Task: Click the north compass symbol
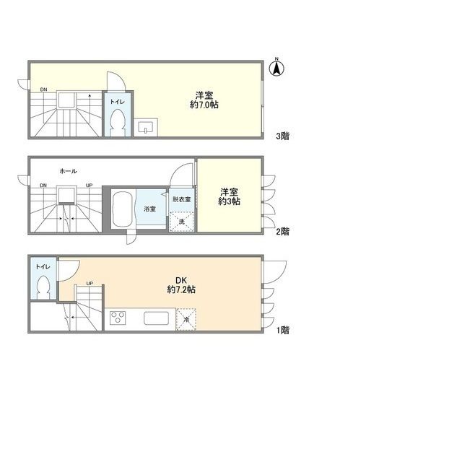click(x=276, y=68)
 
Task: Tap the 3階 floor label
click(x=282, y=136)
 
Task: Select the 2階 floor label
click(x=282, y=232)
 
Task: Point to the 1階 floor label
click(x=282, y=330)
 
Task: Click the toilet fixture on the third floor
click(x=118, y=123)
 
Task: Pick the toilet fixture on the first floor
click(x=43, y=287)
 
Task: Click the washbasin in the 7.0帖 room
click(x=146, y=127)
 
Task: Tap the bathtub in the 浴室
click(x=123, y=209)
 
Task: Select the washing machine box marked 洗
click(x=181, y=222)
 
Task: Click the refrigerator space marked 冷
click(x=186, y=319)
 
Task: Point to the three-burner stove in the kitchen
click(x=118, y=318)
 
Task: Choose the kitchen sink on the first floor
click(x=156, y=318)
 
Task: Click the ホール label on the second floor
click(x=68, y=171)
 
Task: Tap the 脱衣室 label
click(x=181, y=199)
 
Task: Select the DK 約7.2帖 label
click(x=181, y=285)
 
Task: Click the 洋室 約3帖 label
click(x=229, y=196)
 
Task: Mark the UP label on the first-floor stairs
click(x=90, y=284)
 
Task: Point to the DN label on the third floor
click(x=43, y=90)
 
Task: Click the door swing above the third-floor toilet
click(x=116, y=81)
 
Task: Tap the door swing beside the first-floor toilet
click(x=69, y=269)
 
